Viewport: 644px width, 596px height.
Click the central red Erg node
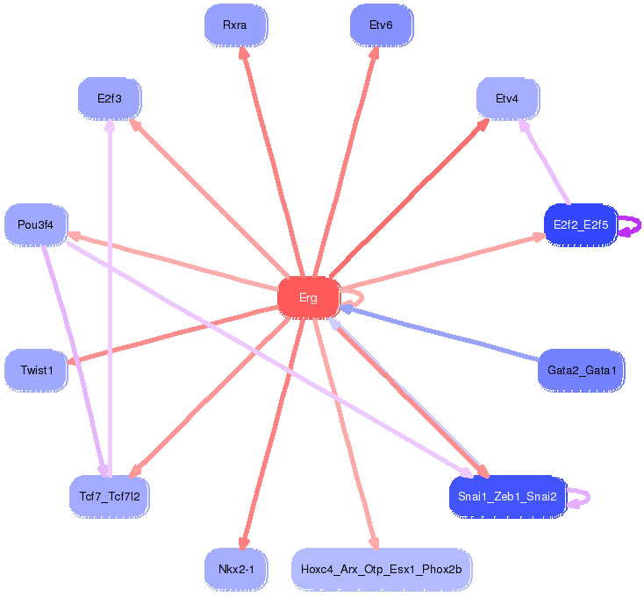[308, 298]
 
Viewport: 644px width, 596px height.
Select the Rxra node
[235, 25]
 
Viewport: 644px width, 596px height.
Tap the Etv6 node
[381, 25]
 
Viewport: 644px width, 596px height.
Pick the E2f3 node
[110, 97]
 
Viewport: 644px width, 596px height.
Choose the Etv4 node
[507, 98]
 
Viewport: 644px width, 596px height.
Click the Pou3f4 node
[36, 225]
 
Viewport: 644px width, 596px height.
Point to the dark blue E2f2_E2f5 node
[581, 225]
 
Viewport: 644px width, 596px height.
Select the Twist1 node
[37, 370]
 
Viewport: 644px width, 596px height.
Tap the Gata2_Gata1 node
[581, 370]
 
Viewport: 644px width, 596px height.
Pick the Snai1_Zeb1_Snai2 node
[507, 497]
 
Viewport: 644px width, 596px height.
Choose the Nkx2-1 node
[235, 570]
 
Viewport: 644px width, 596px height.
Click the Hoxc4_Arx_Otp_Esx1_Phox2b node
[381, 570]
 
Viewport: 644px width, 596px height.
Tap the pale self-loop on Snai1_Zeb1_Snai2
[580, 498]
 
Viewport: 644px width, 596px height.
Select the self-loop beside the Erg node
[351, 292]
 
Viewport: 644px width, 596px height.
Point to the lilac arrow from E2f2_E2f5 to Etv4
[546, 164]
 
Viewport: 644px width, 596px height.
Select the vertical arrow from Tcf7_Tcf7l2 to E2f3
[110, 298]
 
